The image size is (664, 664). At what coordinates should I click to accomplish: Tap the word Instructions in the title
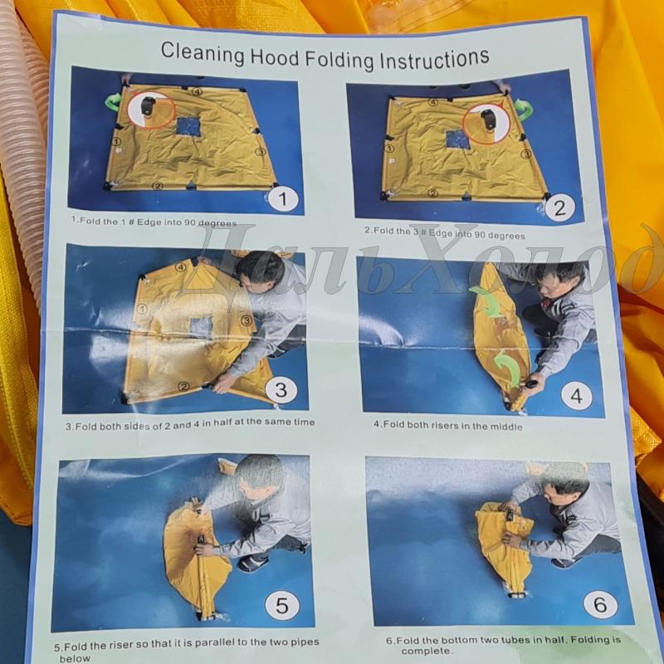(434, 59)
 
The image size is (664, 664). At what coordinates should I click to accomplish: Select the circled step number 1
(283, 198)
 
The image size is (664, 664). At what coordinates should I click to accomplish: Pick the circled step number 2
(559, 207)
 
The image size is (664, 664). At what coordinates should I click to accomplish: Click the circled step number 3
(281, 390)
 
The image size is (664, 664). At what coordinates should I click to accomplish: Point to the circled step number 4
(576, 396)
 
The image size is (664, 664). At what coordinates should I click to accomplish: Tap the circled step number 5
(282, 605)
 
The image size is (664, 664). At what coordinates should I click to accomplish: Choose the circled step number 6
(600, 604)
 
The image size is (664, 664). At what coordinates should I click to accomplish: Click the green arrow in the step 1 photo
(113, 102)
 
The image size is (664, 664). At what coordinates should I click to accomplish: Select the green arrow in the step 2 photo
(525, 110)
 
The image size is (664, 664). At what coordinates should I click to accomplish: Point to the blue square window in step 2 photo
(458, 139)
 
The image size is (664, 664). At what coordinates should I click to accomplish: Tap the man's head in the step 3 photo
(260, 271)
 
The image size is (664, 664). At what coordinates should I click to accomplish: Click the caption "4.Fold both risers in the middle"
(447, 426)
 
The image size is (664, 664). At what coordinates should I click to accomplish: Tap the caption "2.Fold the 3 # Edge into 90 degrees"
(445, 233)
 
